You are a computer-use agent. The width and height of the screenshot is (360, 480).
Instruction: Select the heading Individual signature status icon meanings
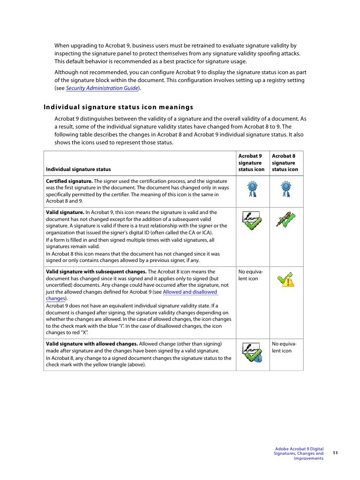coord(118,107)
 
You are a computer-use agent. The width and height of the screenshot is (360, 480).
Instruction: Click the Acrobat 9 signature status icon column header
coord(251,163)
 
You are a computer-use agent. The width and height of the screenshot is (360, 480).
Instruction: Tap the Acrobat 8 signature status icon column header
coord(285,163)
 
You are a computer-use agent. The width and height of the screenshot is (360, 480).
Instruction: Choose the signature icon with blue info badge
coord(253,352)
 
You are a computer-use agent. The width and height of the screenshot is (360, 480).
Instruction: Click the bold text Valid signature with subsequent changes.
coord(96,272)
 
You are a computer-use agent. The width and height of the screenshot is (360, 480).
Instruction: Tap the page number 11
coord(335,453)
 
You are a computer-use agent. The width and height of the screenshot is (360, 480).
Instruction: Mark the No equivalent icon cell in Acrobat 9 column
coord(251,275)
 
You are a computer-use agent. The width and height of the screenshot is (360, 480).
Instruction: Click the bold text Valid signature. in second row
coord(65,212)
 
